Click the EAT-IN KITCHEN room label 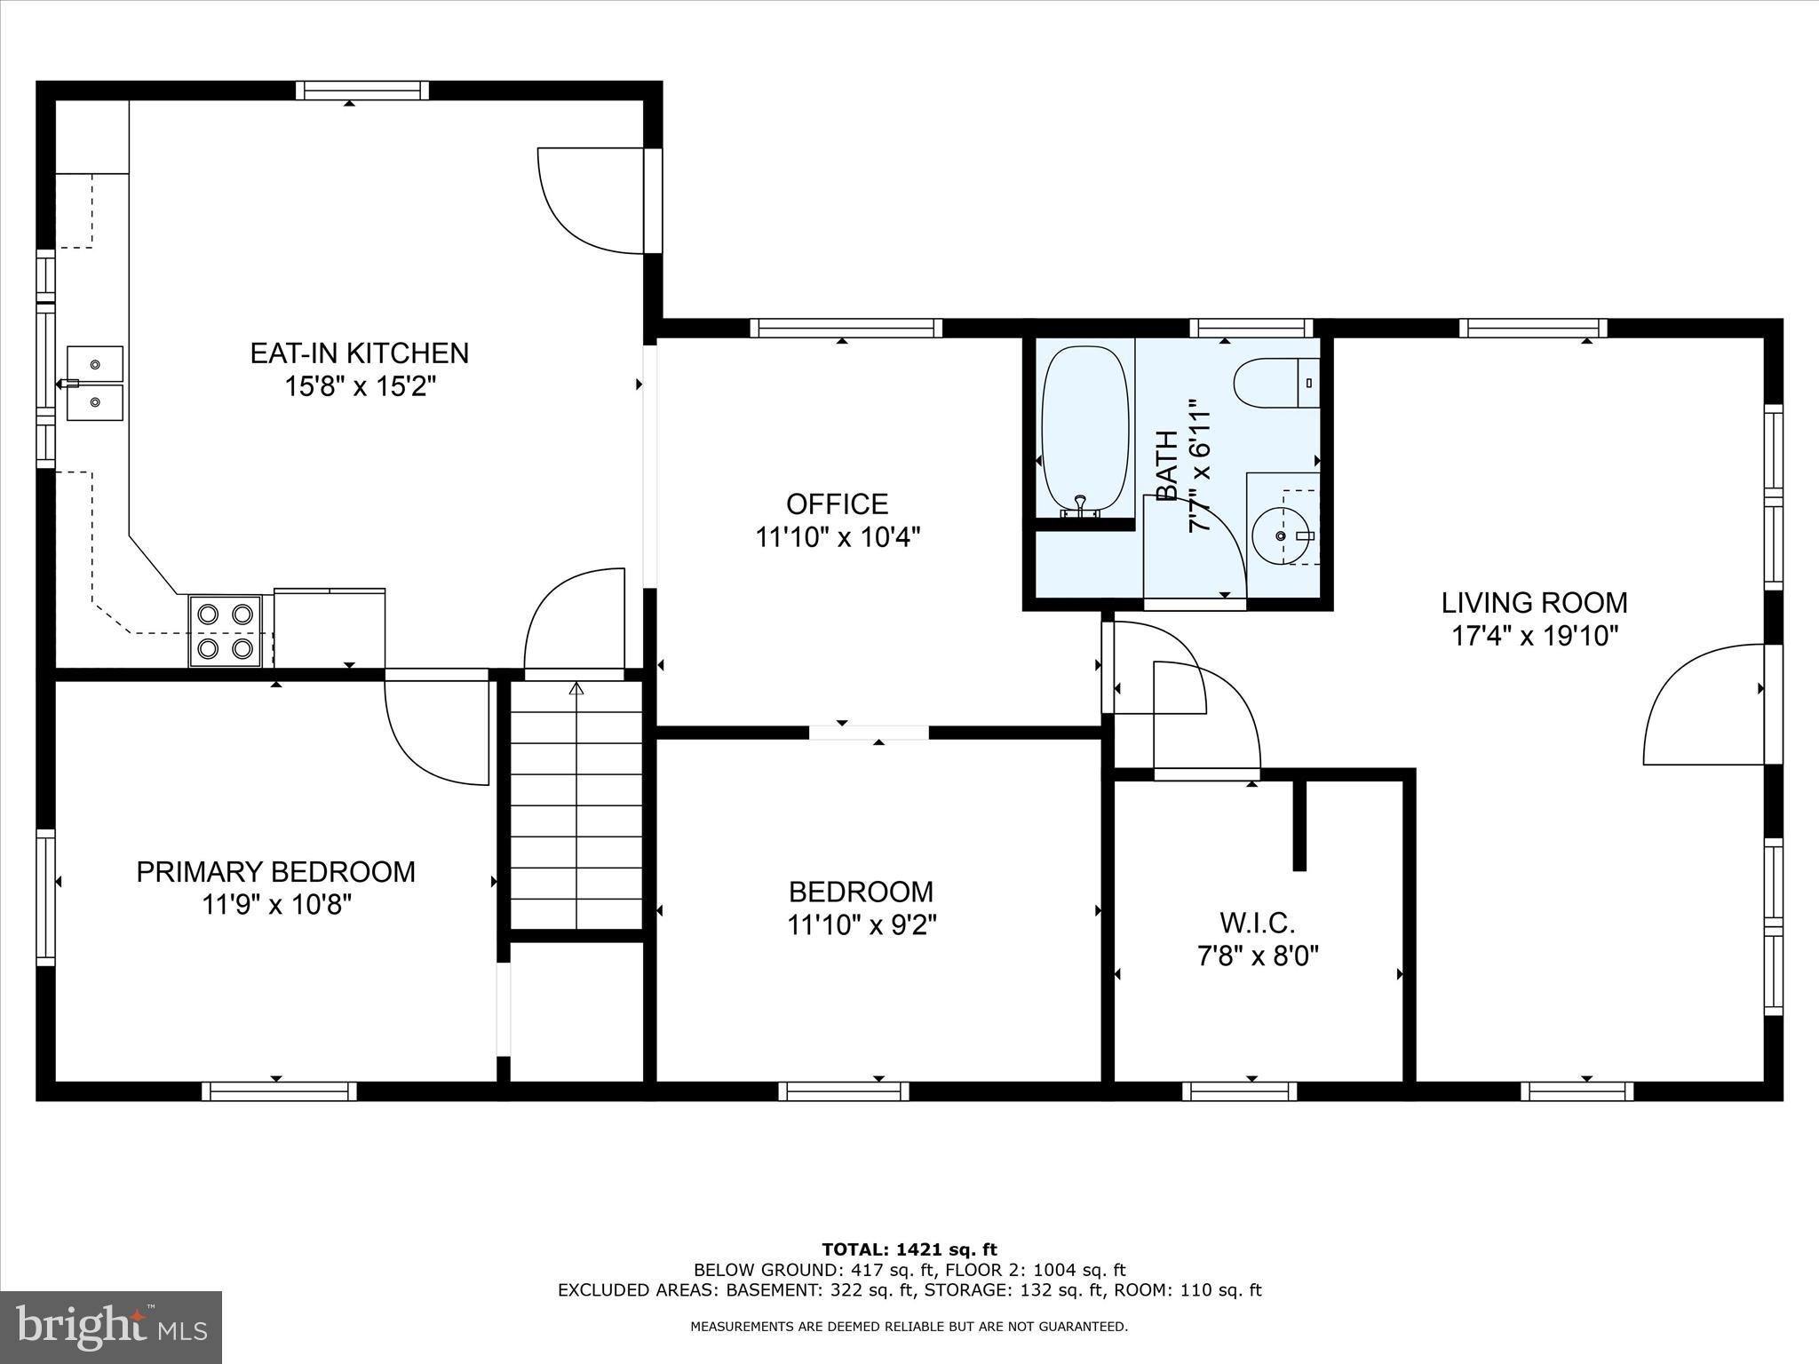[359, 353]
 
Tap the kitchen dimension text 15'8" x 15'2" [359, 387]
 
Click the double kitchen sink [95, 384]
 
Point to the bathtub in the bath [1084, 429]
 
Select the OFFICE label [837, 504]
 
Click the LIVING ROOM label [1534, 603]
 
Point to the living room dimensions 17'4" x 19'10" [1534, 637]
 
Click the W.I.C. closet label [1257, 924]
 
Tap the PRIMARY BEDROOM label [275, 872]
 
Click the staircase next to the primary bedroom [576, 804]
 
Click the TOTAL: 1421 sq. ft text [909, 1249]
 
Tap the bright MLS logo [110, 1327]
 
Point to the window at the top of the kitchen [361, 91]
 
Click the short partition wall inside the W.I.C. [1299, 824]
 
